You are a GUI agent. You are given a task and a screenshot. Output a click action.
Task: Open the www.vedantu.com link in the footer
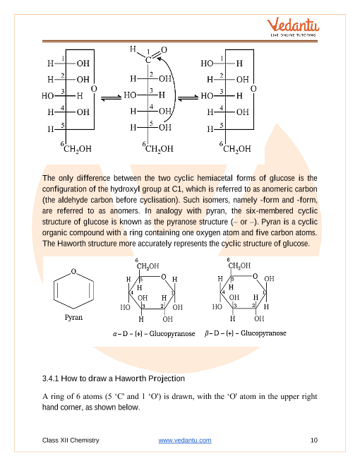185,441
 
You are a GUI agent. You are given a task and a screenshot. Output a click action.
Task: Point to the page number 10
314,441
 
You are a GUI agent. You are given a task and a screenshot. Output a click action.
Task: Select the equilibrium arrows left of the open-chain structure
109,99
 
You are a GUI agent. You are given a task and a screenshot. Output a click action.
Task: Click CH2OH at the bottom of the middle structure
159,149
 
